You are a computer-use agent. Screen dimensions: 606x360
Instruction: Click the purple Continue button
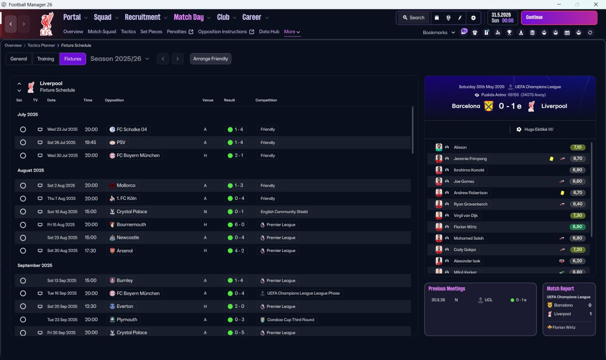[559, 18]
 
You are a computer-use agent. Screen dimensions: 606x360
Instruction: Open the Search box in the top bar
[413, 18]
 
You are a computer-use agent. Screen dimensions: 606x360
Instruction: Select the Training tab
[45, 59]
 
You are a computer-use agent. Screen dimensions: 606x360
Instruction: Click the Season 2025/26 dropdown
[120, 59]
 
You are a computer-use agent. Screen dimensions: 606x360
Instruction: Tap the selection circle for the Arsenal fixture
[23, 251]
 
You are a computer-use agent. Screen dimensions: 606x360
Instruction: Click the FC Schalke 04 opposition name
[132, 129]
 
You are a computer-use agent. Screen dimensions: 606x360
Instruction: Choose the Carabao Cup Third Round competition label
[291, 320]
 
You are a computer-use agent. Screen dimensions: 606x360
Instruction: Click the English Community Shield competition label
[284, 212]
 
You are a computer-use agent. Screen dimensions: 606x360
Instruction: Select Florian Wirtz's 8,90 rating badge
[577, 227]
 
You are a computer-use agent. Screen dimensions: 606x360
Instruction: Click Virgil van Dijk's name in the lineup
[465, 216]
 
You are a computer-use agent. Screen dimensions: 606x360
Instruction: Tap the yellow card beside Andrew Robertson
[562, 193]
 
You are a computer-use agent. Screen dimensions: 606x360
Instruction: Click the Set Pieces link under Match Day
[151, 32]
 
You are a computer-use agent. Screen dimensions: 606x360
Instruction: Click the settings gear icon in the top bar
[473, 18]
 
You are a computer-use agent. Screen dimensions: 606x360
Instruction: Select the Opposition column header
[114, 100]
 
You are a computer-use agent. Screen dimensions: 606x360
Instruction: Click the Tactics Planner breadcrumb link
[41, 45]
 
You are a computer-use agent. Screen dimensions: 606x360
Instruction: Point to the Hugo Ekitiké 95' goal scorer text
[539, 129]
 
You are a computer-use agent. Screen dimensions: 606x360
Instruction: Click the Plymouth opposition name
[127, 320]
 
